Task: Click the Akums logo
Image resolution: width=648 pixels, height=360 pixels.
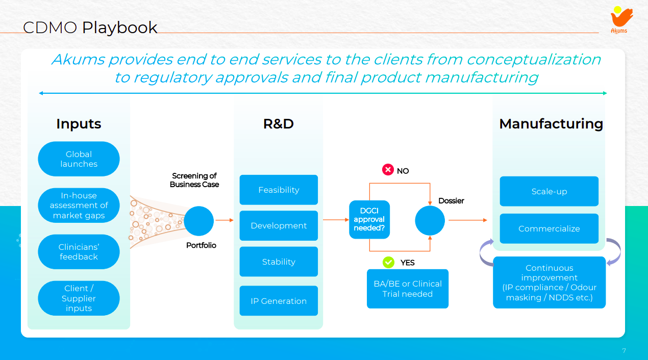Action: click(620, 20)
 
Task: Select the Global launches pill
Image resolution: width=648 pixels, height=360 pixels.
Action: click(79, 159)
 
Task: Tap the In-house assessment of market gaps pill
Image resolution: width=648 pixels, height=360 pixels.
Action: click(79, 205)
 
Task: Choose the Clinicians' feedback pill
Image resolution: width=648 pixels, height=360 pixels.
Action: click(79, 252)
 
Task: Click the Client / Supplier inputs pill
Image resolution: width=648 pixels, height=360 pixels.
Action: click(79, 298)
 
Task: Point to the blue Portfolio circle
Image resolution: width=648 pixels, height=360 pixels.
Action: click(199, 221)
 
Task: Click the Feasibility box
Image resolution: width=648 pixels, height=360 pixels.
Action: click(279, 190)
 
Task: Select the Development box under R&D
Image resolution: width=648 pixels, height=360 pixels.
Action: click(279, 225)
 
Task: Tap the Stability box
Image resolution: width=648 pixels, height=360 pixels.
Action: click(279, 262)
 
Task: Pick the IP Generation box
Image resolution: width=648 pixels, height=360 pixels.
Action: click(279, 301)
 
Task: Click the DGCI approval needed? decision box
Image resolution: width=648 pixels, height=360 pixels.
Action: click(369, 220)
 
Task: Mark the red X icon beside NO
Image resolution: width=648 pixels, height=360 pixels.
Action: click(388, 170)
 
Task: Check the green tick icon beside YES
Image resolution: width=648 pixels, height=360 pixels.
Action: click(389, 262)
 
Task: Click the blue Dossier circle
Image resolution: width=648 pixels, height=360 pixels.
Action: click(430, 221)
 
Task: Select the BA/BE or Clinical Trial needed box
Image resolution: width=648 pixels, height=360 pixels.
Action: click(407, 289)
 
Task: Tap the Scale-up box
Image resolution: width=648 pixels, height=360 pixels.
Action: click(549, 191)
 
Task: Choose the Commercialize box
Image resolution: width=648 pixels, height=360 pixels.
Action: click(549, 228)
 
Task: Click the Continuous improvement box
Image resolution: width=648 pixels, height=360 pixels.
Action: click(549, 282)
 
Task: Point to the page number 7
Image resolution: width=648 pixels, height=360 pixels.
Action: click(624, 351)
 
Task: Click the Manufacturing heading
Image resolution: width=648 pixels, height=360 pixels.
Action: click(551, 124)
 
